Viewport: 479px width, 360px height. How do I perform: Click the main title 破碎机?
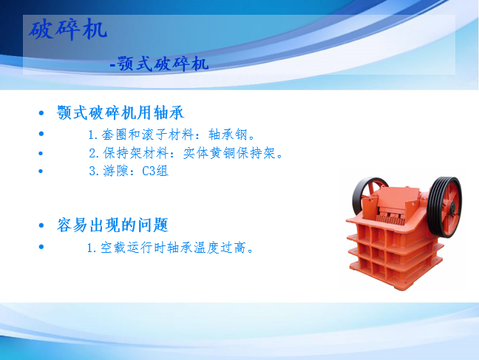pos(68,30)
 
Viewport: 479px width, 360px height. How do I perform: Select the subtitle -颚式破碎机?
pos(159,64)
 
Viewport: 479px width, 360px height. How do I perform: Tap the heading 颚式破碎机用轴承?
pos(120,112)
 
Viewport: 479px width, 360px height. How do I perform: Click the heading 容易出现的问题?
pos(112,225)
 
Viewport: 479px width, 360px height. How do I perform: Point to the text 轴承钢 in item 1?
pos(228,135)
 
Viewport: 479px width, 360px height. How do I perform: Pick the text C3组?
pos(155,171)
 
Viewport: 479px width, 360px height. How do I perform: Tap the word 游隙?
pos(115,171)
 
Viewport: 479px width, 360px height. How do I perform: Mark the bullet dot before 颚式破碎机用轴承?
pos(41,113)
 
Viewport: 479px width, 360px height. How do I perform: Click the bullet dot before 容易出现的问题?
pos(41,226)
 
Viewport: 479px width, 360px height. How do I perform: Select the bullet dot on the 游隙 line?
pos(41,171)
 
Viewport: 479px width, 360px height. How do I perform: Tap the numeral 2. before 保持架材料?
pos(94,153)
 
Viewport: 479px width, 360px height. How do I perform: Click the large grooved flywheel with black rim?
pos(444,207)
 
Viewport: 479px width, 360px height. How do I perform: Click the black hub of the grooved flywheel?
pos(452,207)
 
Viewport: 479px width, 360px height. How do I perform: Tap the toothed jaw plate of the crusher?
pos(390,217)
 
